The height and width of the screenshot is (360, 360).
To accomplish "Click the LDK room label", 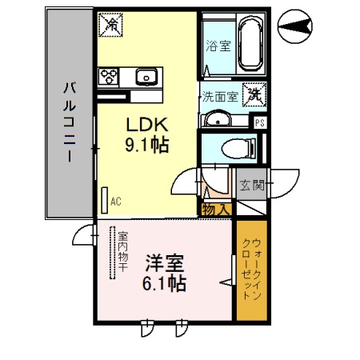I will point(145,125).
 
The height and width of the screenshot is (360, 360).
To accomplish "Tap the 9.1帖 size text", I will point(145,146).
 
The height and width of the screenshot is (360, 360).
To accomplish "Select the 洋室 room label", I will point(166,263).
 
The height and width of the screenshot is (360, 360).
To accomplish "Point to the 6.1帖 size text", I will point(166,283).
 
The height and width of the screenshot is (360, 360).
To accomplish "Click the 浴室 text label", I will point(218,46).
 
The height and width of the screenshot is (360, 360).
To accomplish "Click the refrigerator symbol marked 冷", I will point(111,25).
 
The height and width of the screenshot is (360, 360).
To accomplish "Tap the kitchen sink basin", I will point(146,77).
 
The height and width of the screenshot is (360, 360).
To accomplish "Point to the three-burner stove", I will point(109,77).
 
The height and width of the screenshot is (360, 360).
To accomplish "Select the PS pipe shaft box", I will point(260,122).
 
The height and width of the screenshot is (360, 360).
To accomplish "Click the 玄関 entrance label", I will point(251,186).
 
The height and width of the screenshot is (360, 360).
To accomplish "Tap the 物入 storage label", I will point(217,210).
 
